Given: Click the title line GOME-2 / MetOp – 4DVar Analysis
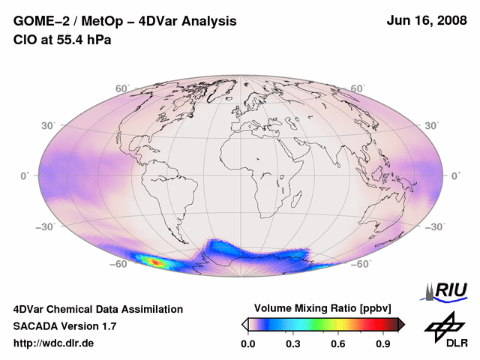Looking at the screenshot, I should pyautogui.click(x=125, y=22).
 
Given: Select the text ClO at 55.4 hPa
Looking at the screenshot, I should pyautogui.click(x=62, y=40).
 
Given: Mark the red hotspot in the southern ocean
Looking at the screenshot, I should pyautogui.click(x=156, y=262).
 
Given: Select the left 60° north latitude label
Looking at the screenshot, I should pyautogui.click(x=122, y=88).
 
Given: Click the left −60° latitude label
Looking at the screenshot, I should pyautogui.click(x=118, y=264).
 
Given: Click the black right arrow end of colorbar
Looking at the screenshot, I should pyautogui.click(x=401, y=324).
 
